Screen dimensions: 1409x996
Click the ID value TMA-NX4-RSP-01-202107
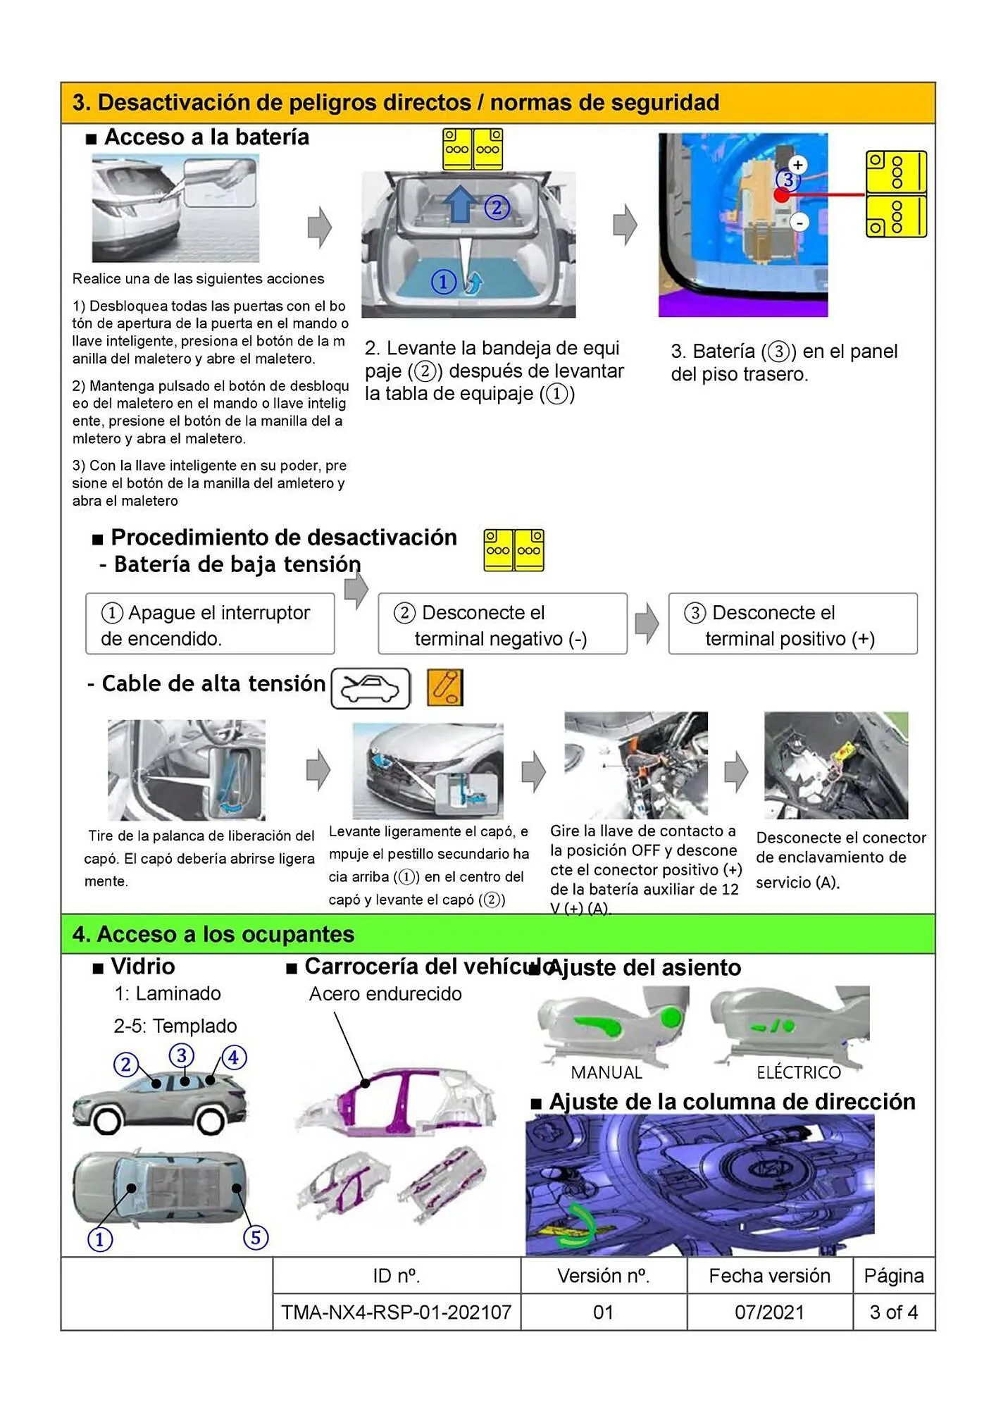point(396,1312)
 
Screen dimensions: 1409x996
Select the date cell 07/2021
point(769,1312)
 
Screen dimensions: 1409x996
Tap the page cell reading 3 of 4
point(893,1312)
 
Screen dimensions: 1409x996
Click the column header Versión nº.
point(603,1276)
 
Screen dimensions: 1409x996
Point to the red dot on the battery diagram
point(782,195)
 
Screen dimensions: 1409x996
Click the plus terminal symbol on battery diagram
point(797,165)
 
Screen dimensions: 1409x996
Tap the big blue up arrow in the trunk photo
point(460,204)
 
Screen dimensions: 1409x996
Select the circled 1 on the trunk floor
point(443,283)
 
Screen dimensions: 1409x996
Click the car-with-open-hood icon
point(371,688)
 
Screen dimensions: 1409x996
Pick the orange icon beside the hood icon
point(445,688)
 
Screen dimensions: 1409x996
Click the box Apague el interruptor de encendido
point(210,625)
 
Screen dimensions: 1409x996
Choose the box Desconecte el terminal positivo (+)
point(792,625)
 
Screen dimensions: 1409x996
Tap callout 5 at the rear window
point(256,1237)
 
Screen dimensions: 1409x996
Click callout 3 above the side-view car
point(182,1055)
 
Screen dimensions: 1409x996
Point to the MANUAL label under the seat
point(606,1072)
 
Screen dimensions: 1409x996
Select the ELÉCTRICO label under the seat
point(799,1072)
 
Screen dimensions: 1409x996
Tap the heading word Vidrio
point(142,967)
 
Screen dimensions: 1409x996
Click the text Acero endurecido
point(385,994)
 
